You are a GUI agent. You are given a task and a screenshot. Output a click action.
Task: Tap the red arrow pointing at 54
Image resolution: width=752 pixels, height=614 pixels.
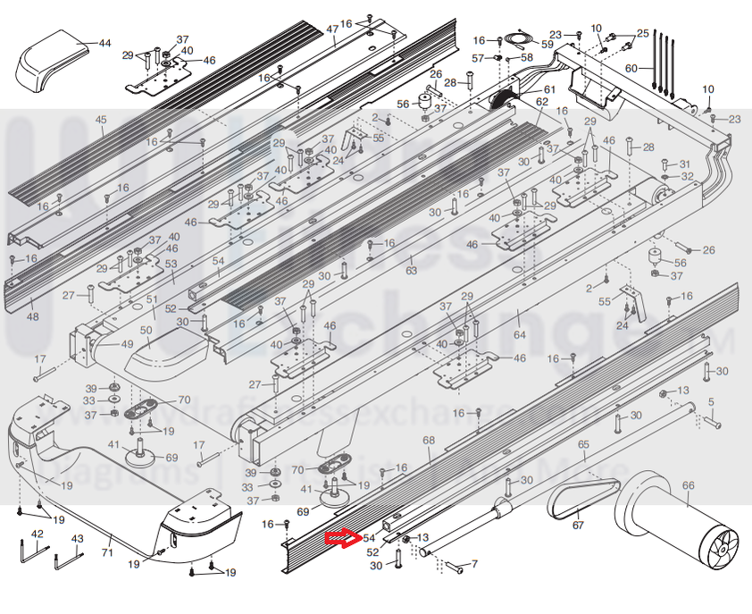pos(340,538)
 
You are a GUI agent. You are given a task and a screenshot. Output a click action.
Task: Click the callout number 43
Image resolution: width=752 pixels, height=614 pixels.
pos(77,538)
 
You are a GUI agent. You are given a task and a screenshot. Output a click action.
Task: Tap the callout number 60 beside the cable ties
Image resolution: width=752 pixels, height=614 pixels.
pos(631,68)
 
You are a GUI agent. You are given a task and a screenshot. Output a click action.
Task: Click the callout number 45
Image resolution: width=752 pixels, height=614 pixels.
pos(100,120)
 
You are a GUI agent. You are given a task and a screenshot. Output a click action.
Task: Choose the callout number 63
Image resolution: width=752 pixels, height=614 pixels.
pos(411,269)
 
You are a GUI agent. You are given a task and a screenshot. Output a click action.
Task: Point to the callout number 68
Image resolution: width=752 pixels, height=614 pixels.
pos(428,441)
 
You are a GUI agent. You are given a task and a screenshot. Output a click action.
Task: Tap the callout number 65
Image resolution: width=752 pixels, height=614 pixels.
pos(583,444)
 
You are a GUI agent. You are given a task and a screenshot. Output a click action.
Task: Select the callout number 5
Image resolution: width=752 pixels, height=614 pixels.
pos(712,401)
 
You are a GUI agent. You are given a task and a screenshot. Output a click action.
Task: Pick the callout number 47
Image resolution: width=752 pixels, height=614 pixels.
pos(332,29)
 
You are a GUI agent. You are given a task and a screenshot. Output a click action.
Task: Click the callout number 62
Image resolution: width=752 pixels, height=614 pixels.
pos(542,102)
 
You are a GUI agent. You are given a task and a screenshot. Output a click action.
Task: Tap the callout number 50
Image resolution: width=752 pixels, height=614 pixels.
pos(146,331)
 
